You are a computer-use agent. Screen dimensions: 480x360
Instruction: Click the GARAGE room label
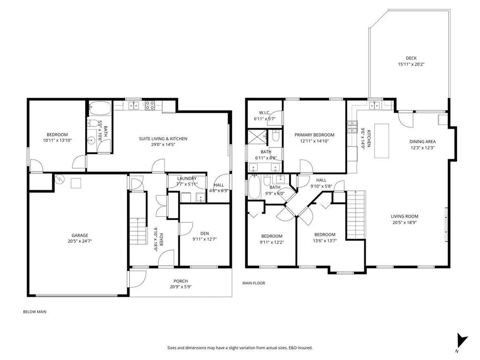80,235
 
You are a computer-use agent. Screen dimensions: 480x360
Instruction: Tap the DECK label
411,58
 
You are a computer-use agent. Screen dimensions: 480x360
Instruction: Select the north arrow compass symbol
462,341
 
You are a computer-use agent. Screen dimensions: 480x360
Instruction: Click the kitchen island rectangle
382,141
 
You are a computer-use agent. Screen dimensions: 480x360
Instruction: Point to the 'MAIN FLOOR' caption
254,283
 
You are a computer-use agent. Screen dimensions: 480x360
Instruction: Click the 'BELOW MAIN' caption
35,312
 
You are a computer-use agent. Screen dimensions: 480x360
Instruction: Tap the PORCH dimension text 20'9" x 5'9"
181,287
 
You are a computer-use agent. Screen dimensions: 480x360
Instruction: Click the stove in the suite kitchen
150,105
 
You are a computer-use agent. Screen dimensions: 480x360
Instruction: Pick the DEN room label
205,234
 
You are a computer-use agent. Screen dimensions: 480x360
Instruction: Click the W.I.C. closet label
265,113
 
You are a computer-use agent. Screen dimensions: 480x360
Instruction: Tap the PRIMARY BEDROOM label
314,135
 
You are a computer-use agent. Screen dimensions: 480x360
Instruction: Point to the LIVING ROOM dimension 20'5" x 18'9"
405,222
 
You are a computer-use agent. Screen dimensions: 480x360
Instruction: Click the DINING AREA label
422,142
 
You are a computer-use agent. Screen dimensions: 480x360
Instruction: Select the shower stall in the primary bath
257,138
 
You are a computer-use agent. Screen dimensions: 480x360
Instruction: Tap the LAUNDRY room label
187,178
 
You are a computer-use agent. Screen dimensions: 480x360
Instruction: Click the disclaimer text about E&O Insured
240,348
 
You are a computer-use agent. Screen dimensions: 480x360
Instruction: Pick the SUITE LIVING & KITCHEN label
163,139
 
